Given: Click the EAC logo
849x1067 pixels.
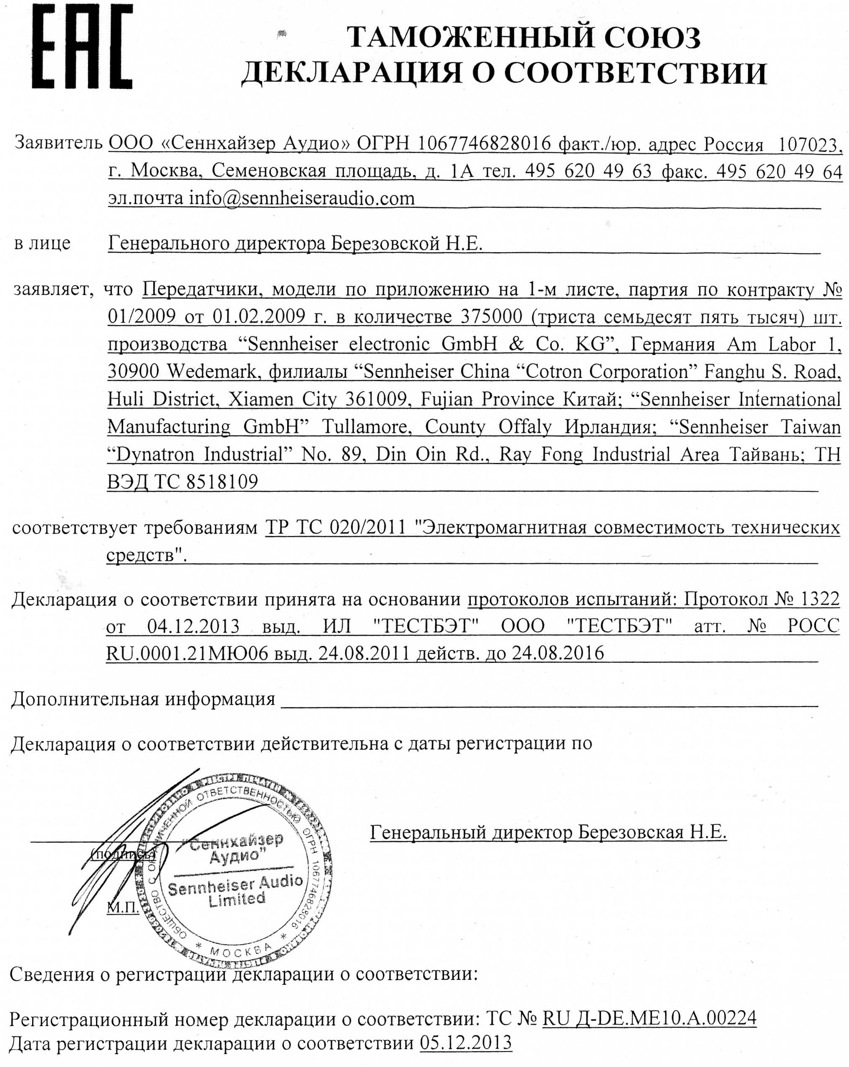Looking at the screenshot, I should [x=82, y=47].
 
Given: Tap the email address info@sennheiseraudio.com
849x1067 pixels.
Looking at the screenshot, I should [x=301, y=198].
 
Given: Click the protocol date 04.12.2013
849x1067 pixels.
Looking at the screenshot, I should [x=193, y=626].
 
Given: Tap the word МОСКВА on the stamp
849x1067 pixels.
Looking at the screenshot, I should [x=240, y=949].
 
